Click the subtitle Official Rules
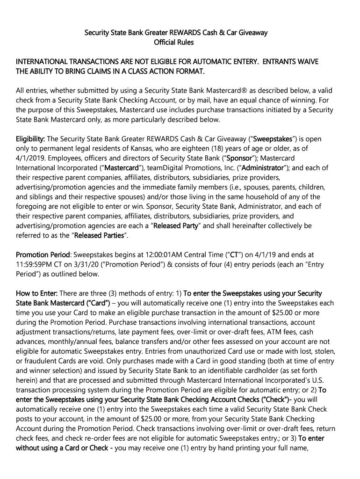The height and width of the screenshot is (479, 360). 173,43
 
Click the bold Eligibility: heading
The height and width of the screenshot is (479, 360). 30,139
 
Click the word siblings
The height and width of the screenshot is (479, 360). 44,197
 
